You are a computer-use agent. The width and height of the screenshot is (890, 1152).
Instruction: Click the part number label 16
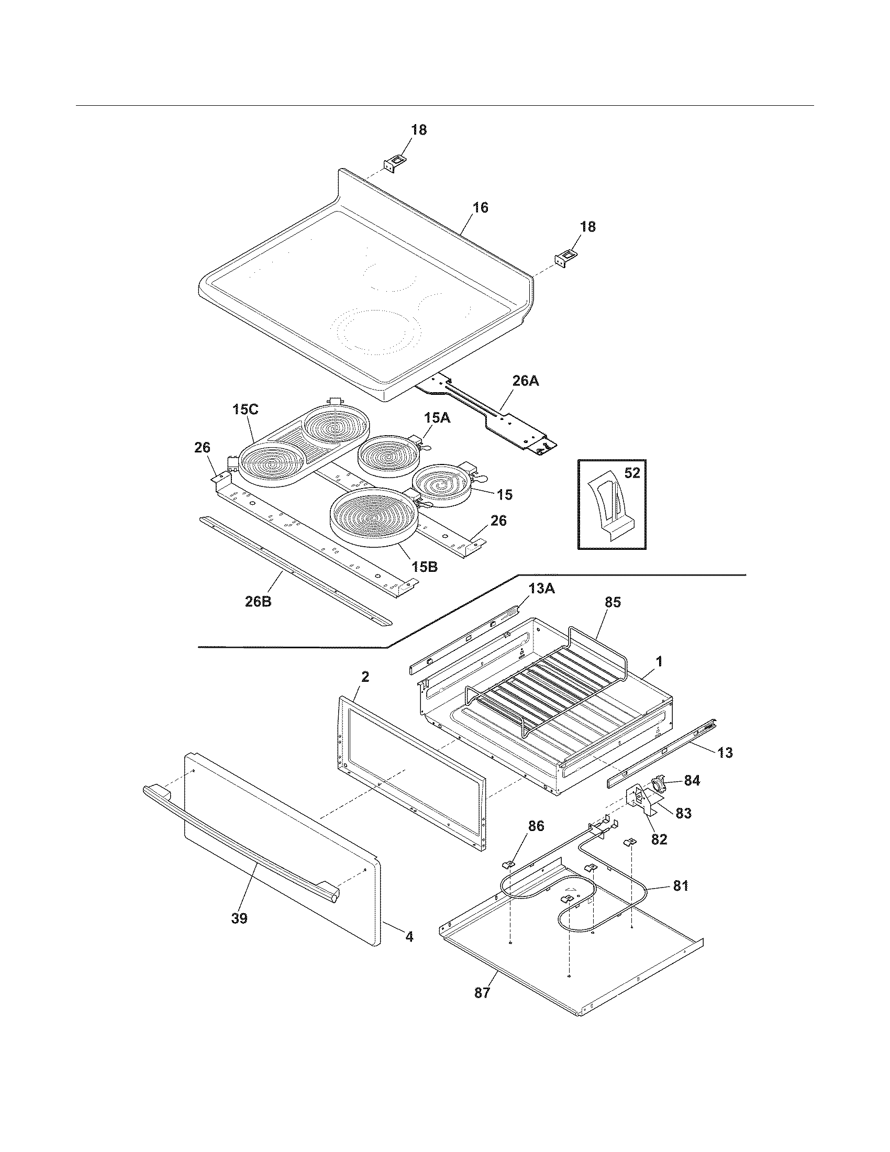point(480,207)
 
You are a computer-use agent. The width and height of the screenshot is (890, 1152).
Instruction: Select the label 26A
point(525,380)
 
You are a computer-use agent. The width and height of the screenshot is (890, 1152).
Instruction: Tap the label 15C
point(246,409)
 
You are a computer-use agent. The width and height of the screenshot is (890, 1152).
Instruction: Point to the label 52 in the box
point(632,473)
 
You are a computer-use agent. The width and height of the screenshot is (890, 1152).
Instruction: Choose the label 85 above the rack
point(613,602)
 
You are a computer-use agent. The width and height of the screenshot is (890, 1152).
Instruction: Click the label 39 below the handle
point(239,918)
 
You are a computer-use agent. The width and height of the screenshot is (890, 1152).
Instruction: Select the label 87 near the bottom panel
point(482,993)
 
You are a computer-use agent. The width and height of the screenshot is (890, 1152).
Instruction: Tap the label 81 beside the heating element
point(680,885)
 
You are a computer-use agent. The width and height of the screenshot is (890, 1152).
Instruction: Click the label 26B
point(258,601)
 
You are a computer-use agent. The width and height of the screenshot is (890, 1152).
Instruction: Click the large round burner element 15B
point(372,519)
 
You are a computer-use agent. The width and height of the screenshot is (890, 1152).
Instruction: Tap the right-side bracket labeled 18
point(566,260)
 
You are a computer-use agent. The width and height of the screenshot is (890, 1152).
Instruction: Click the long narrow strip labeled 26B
point(295,570)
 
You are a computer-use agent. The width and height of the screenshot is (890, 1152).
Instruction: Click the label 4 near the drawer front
point(409,937)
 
